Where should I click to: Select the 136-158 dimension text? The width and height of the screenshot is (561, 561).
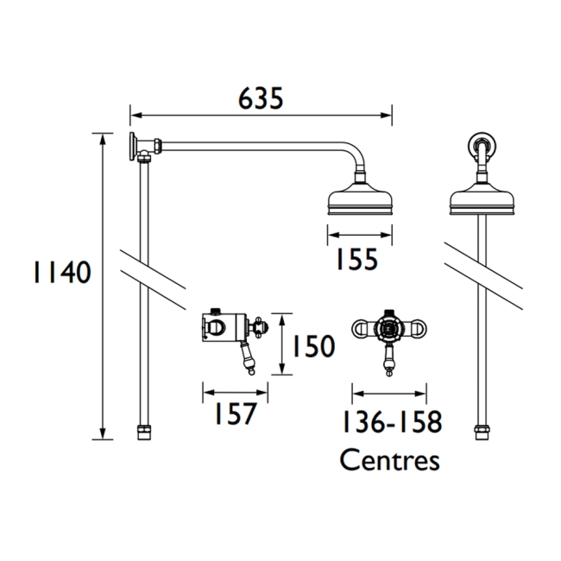pos(389,423)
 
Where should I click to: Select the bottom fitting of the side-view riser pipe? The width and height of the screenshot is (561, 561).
pos(143,432)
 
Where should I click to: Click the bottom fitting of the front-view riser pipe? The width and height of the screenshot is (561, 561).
pos(482,432)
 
